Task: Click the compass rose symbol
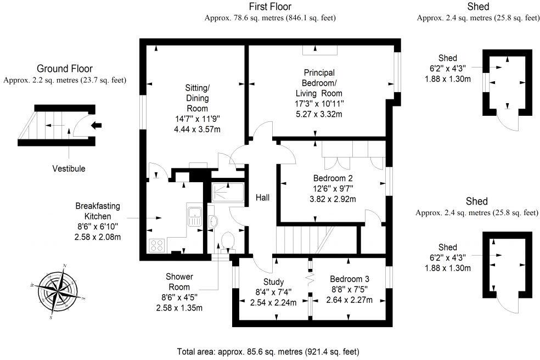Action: click(x=57, y=291)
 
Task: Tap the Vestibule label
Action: click(x=69, y=168)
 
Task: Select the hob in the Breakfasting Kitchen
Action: click(x=156, y=244)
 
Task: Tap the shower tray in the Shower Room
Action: click(x=226, y=192)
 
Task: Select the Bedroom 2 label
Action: click(x=333, y=178)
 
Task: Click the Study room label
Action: click(x=273, y=283)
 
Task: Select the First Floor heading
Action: click(x=270, y=7)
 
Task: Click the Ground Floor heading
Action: click(x=64, y=69)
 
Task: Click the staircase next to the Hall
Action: click(x=302, y=240)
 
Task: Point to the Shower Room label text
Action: click(x=179, y=282)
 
